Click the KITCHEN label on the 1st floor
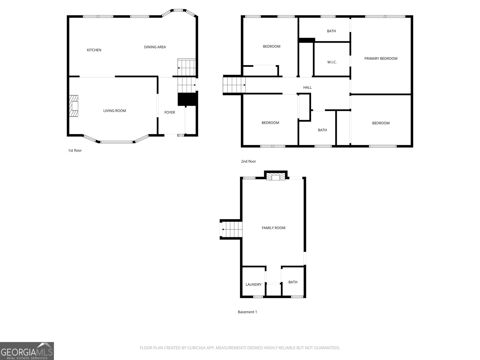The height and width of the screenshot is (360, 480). [94, 50]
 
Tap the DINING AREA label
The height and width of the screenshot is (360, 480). [155, 47]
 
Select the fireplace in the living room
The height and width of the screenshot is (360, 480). [74, 106]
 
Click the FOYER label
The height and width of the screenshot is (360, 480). [169, 112]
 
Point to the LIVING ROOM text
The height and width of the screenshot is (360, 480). [115, 111]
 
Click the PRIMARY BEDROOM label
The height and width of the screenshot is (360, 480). [381, 58]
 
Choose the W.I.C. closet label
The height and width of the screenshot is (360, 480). [332, 62]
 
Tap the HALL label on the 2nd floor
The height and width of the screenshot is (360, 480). [307, 88]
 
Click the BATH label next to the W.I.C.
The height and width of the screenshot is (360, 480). [331, 31]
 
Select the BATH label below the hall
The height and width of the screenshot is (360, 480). [322, 130]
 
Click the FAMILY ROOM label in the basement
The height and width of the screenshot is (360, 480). [273, 228]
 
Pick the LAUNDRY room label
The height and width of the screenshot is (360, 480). [253, 285]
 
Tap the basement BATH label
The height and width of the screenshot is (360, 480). [293, 282]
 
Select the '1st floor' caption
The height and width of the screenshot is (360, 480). [75, 151]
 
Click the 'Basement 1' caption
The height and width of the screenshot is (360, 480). [247, 312]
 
